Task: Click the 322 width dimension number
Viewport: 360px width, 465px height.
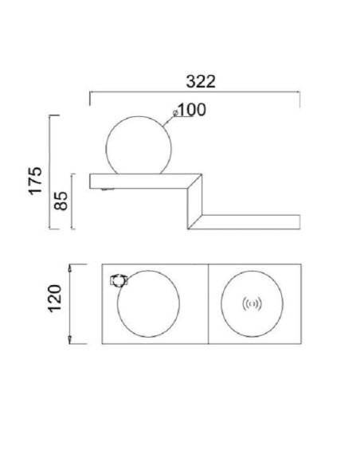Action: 201,80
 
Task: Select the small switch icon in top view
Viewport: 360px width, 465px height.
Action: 119,280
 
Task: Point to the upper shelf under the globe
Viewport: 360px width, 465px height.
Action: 135,179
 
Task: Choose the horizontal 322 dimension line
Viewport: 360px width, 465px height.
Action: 194,92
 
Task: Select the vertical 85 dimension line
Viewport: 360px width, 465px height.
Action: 73,201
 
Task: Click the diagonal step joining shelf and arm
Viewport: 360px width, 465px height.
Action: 194,203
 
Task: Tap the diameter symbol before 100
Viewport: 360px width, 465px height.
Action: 174,112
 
